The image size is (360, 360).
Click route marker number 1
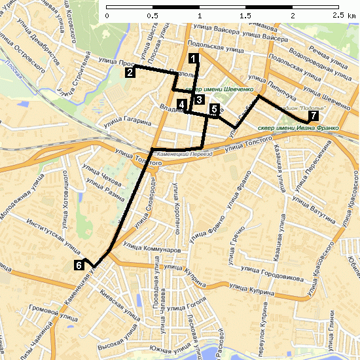tap(193, 58)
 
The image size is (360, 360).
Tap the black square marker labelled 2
tap(131, 72)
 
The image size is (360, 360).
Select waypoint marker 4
tap(181, 105)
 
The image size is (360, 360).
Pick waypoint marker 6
tap(79, 265)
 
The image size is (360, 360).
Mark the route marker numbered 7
tap(314, 116)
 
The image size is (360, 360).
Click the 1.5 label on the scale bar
tap(246, 14)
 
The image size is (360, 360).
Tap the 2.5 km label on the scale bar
tap(343, 14)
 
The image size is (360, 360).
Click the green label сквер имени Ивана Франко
tap(298, 128)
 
